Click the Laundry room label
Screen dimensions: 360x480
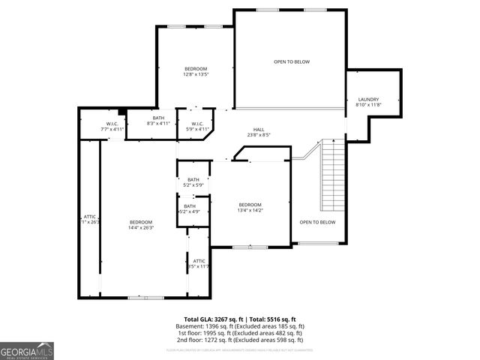coord(368,99)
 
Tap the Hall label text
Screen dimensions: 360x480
coord(259,129)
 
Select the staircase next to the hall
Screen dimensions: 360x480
coord(333,176)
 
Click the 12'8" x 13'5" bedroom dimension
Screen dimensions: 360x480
coord(196,74)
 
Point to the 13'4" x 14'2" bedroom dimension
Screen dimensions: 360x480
coord(250,211)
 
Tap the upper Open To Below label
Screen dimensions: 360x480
coord(292,61)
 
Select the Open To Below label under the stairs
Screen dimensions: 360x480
coord(318,222)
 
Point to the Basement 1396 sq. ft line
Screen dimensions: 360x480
coord(240,327)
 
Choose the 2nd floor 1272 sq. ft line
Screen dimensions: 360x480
coord(240,341)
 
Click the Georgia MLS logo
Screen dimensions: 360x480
coord(27,350)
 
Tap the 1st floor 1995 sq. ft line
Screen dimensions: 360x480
coord(240,334)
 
